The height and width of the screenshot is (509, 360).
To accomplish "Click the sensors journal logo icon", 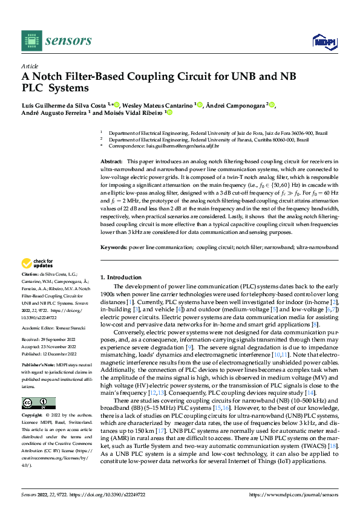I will coord(29,41).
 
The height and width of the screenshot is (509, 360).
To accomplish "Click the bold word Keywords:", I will coord(113,247).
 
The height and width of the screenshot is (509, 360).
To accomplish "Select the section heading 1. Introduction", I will coord(120,276).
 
